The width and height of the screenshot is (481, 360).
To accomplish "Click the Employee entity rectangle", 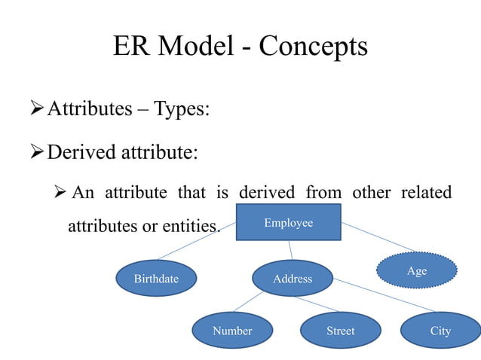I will [x=288, y=222].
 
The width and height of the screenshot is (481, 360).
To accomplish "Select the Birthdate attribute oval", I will [x=156, y=279].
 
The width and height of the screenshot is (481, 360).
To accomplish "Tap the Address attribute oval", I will [x=292, y=279].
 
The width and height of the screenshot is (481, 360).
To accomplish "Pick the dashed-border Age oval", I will [x=417, y=270].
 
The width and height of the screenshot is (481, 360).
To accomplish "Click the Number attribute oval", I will [x=232, y=331].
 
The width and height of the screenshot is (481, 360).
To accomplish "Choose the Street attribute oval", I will [x=340, y=331].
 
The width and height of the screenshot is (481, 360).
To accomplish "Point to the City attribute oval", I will [x=440, y=331].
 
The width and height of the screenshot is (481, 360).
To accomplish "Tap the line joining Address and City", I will [x=384, y=295].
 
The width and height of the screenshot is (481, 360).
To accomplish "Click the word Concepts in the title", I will [x=313, y=47].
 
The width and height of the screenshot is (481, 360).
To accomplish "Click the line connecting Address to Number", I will [x=248, y=302].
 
